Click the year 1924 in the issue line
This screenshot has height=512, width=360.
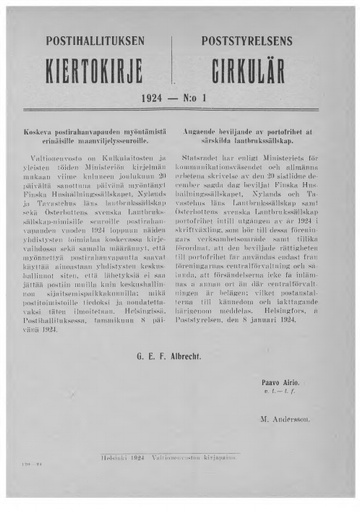click(x=160, y=102)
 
